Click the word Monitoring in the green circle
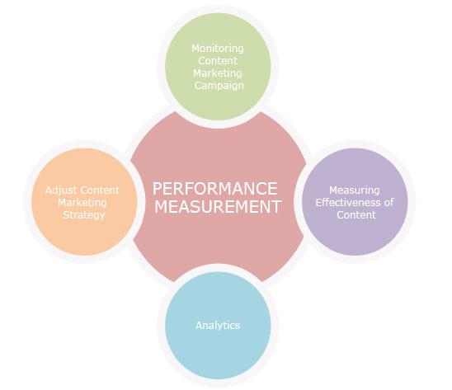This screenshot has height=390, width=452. click(x=218, y=49)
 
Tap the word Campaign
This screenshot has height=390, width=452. click(x=219, y=86)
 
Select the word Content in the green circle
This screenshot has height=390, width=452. click(x=218, y=61)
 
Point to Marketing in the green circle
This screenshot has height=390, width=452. click(x=218, y=73)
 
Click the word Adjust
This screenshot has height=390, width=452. click(x=61, y=190)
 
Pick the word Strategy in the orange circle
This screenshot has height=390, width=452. click(x=84, y=215)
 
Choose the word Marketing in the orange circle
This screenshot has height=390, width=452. click(x=82, y=203)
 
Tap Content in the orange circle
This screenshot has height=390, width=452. click(x=100, y=190)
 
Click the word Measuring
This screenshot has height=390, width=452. click(x=355, y=190)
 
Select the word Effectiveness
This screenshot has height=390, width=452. click(x=348, y=203)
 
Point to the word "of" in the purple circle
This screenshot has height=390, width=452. click(x=388, y=203)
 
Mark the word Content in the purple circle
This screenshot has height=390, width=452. click(x=356, y=215)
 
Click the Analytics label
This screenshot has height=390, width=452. click(x=218, y=326)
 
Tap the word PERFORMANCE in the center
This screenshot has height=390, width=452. click(x=214, y=189)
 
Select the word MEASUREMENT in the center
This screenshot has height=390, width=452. click(x=218, y=207)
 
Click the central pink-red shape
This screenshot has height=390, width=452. click(x=218, y=150)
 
